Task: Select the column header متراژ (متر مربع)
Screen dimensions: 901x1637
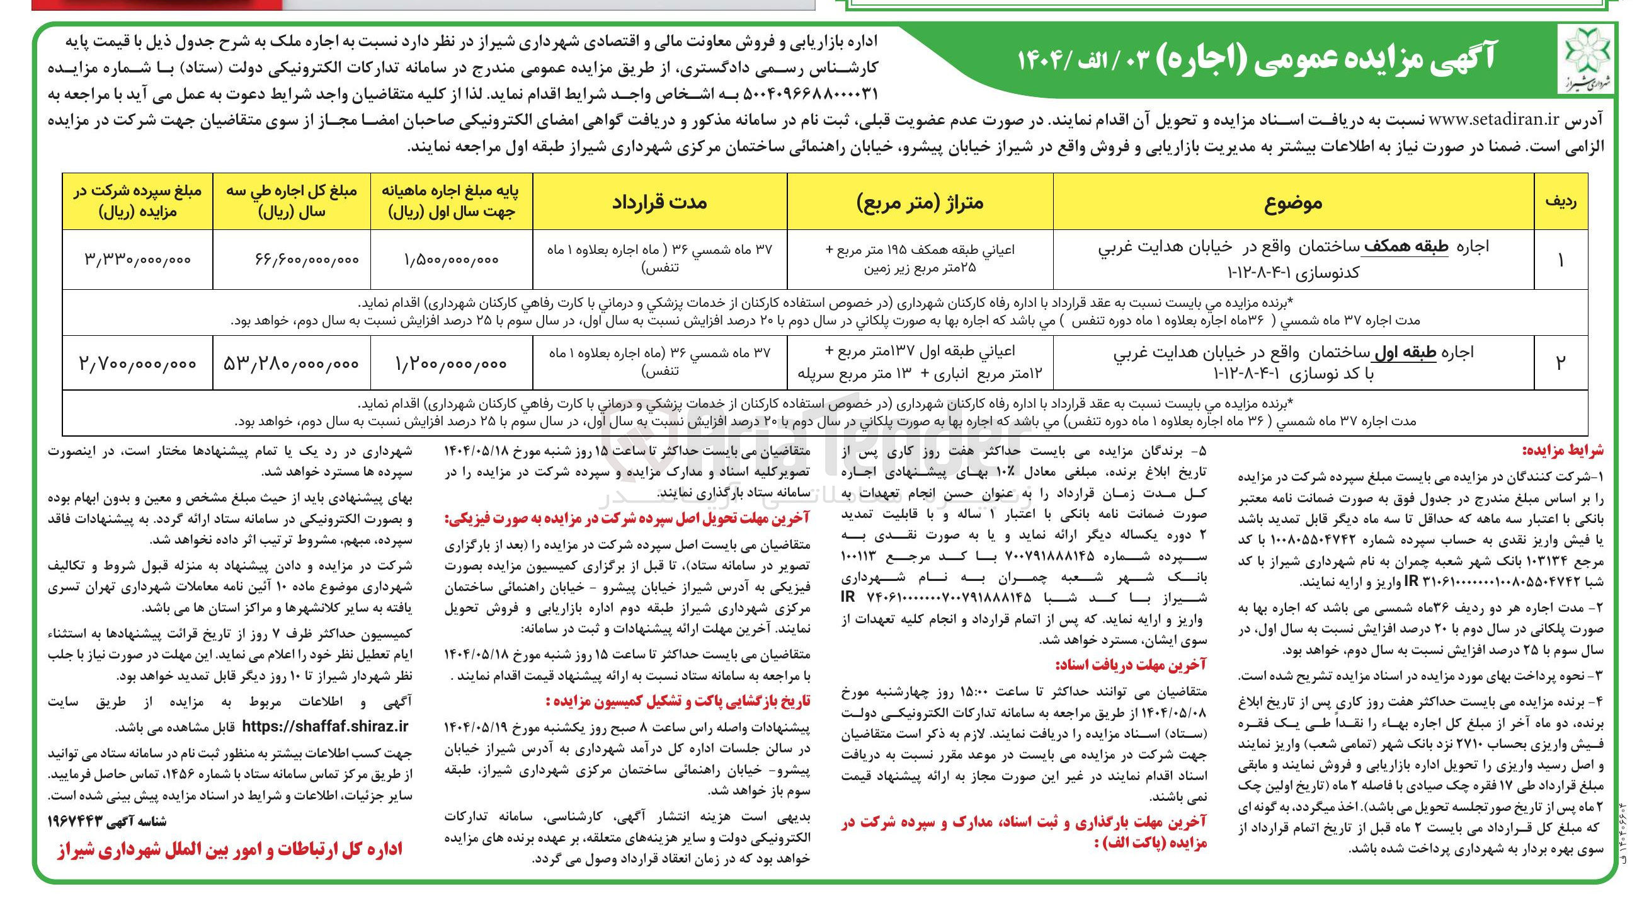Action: (920, 202)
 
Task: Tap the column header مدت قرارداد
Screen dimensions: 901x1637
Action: (659, 202)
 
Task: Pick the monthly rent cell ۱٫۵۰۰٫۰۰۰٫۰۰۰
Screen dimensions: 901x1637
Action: (451, 260)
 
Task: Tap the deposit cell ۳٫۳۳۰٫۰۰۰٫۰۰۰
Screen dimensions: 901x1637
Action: (137, 260)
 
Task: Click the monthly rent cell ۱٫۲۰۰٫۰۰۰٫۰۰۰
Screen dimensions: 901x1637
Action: (451, 364)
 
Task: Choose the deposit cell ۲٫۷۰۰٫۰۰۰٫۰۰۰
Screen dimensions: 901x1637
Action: (137, 363)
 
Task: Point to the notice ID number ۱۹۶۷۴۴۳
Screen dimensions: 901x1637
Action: (84, 822)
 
